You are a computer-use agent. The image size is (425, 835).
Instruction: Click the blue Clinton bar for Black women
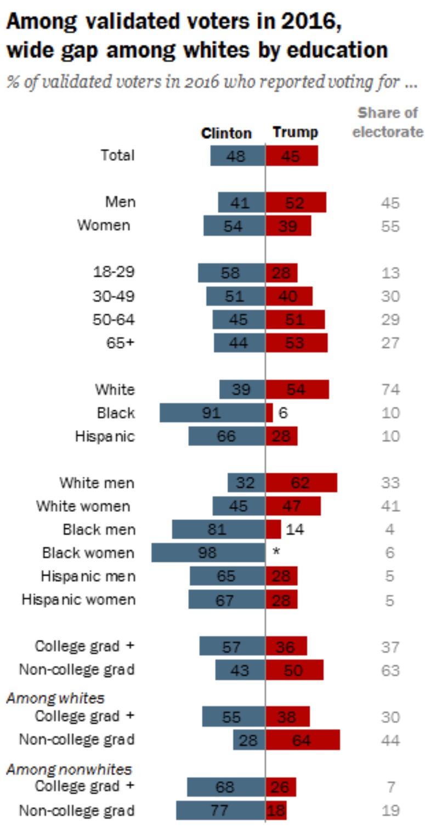pos(208,552)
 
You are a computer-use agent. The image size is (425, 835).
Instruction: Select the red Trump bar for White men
pos(301,483)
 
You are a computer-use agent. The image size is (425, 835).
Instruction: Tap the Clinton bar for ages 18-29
pos(231,273)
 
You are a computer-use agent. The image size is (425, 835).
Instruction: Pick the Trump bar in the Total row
pos(291,156)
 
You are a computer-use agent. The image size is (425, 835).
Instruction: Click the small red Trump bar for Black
pos(269,413)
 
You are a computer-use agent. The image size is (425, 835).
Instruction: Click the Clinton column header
pos(226,133)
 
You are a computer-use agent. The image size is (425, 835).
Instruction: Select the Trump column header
pos(295,133)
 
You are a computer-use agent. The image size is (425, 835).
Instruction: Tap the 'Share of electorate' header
pos(388,122)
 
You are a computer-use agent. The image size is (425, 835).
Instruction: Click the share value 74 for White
pos(390,390)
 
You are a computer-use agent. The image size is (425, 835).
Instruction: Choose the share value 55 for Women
pos(390,227)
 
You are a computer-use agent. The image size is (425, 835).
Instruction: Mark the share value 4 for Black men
pos(390,530)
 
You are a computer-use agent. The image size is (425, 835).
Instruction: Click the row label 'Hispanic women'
pos(78,600)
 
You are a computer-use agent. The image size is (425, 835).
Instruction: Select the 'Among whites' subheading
pos(55,698)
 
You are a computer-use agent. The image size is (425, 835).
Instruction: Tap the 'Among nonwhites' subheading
pos(69,769)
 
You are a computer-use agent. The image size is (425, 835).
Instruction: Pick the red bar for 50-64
pos(295,319)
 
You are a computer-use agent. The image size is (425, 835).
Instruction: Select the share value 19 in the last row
pos(390,810)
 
